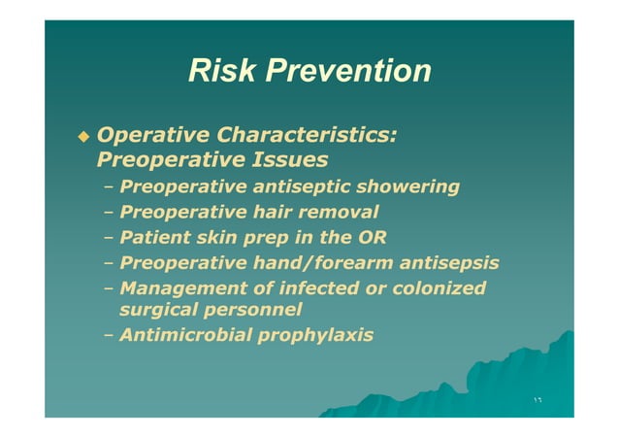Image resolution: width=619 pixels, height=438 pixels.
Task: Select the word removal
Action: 341,211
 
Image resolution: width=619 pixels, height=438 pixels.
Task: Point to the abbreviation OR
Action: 372,236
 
